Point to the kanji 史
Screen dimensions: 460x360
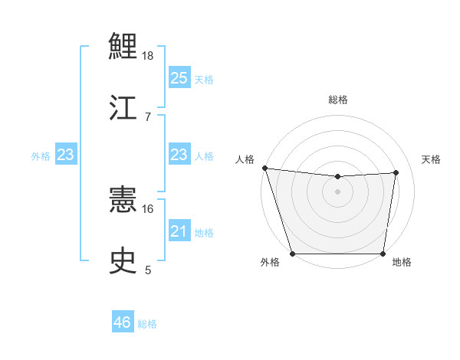123,260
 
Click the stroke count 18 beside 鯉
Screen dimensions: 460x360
149,56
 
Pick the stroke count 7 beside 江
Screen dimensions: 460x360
148,116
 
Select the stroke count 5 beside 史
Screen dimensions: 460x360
148,270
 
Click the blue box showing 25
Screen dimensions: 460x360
179,77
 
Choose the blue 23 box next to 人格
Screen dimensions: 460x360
179,155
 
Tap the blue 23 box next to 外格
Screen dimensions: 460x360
65,155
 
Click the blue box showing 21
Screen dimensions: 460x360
179,231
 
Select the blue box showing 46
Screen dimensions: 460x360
123,322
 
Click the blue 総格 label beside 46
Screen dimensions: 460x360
147,324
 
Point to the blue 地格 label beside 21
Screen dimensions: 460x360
204,233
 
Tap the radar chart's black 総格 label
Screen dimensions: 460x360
338,100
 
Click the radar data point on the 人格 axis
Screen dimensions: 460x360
264,168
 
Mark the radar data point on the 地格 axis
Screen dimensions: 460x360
383,254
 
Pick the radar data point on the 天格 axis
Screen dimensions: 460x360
396,172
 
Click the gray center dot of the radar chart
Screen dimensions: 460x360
338,191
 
